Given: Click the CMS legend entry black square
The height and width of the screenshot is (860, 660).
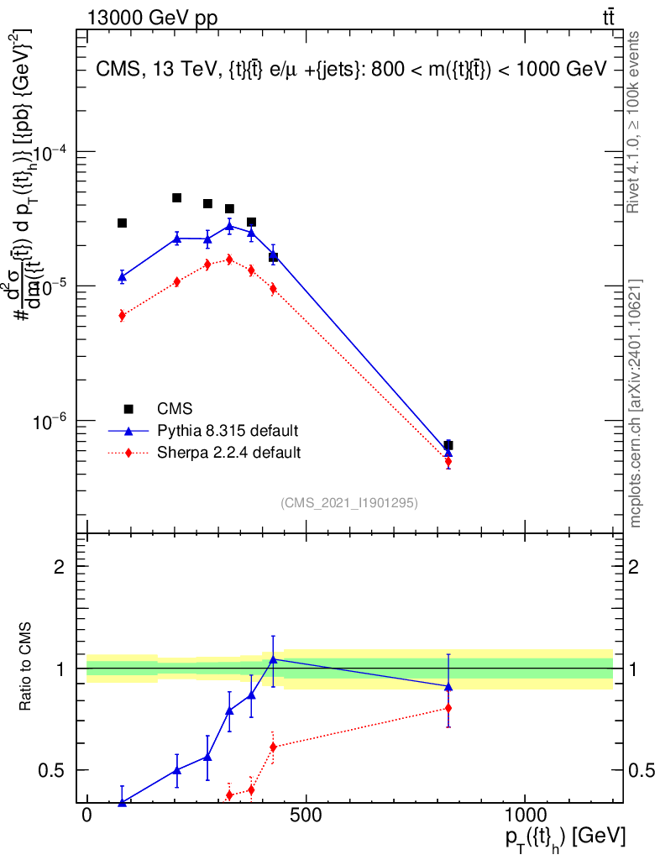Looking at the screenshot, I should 128,409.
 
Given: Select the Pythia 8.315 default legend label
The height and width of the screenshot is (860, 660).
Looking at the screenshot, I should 228,431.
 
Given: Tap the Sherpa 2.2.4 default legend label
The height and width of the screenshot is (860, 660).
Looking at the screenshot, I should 229,453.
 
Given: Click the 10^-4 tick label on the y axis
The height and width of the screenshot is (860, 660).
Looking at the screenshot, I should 50,152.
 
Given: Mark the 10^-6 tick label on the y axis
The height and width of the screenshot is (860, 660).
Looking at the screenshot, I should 50,420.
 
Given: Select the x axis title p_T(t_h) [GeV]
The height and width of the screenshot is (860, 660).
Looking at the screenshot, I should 565,838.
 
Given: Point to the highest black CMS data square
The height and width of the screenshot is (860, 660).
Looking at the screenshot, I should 177,197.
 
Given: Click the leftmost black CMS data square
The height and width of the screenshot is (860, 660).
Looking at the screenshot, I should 122,223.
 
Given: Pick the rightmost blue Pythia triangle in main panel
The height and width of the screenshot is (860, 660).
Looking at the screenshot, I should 448,452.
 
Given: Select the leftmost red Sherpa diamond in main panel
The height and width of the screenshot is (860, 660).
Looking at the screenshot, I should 122,316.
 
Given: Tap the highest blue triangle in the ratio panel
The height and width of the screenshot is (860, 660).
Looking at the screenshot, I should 273,658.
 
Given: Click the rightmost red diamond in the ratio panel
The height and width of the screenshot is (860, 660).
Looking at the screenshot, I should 448,708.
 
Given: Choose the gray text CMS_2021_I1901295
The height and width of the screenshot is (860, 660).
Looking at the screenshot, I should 349,502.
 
